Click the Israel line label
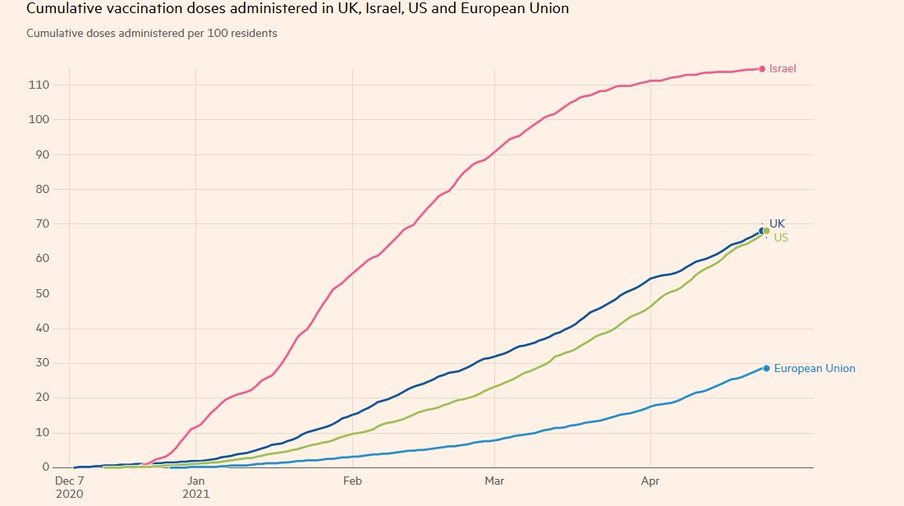point(782,69)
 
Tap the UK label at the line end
point(777,223)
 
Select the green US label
point(781,237)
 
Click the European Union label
point(814,369)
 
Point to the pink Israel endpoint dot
point(762,69)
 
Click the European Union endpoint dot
point(766,369)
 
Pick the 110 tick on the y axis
point(39,85)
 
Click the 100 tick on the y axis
point(39,120)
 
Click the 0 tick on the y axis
point(46,467)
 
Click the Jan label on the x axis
point(196,481)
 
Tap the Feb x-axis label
point(352,481)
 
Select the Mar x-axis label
point(494,481)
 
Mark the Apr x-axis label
point(650,481)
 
